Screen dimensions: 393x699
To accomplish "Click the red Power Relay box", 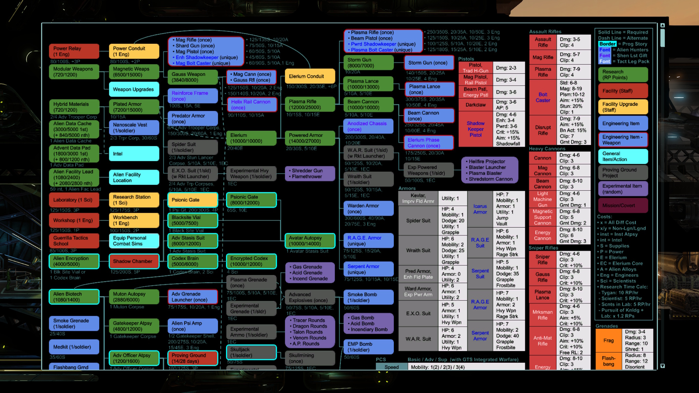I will pyautogui.click(x=74, y=51).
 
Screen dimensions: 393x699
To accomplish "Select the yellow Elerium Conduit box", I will pyautogui.click(x=310, y=76).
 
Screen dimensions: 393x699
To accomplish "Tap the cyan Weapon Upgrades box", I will pyautogui.click(x=134, y=89).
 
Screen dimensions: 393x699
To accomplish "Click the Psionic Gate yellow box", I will pyautogui.click(x=192, y=200).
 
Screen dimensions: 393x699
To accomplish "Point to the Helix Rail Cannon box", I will pyautogui.click(x=252, y=104).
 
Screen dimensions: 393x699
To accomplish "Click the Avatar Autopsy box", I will pyautogui.click(x=310, y=241).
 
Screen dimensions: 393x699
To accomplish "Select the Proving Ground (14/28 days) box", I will pyautogui.click(x=192, y=358).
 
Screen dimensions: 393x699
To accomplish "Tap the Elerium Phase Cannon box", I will pyautogui.click(x=429, y=143).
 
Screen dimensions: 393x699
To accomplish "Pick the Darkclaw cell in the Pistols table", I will pyautogui.click(x=475, y=105).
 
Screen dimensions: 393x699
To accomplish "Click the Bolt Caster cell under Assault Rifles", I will pyautogui.click(x=543, y=97).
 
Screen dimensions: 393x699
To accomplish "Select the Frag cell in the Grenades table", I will pyautogui.click(x=608, y=340).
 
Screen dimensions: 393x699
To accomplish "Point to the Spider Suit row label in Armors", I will pyautogui.click(x=418, y=221).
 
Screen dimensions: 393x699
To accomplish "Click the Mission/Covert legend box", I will pyautogui.click(x=623, y=205).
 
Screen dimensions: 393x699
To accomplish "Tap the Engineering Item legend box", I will pyautogui.click(x=623, y=123).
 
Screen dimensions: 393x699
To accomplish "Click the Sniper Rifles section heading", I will pyautogui.click(x=543, y=248).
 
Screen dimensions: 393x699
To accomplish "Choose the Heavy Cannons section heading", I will pyautogui.click(x=547, y=149).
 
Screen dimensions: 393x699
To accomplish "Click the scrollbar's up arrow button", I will pyautogui.click(x=662, y=26).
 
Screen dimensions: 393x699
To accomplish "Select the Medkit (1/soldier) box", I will pyautogui.click(x=74, y=347).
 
